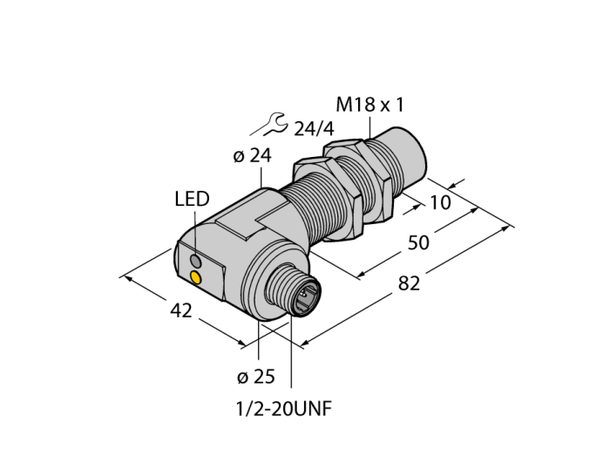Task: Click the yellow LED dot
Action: [196, 278]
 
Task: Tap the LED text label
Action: [192, 200]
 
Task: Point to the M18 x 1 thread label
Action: [370, 105]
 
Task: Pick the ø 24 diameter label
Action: [252, 157]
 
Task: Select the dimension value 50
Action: [417, 242]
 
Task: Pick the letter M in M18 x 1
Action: [344, 105]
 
